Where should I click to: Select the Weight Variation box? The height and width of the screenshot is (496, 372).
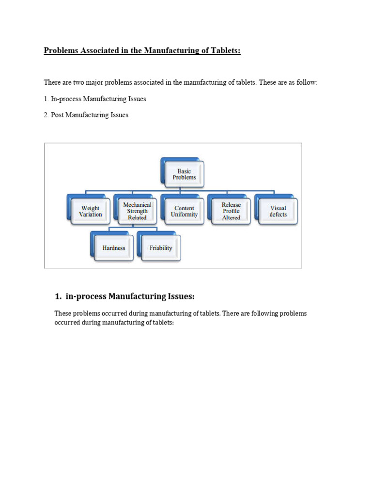(91, 211)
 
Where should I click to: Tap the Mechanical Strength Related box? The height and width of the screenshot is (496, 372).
(137, 211)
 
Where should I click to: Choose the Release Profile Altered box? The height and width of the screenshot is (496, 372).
(231, 211)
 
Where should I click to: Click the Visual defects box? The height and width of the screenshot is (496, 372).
(278, 211)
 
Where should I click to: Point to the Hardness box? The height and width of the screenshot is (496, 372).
(114, 248)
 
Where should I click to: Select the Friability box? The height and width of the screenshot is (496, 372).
(161, 248)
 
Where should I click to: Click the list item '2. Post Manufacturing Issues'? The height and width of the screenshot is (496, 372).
(86, 115)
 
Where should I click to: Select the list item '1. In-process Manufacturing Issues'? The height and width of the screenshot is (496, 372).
(95, 99)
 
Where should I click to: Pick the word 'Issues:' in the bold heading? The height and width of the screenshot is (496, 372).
(182, 296)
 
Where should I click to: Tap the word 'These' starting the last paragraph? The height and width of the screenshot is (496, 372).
(63, 313)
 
